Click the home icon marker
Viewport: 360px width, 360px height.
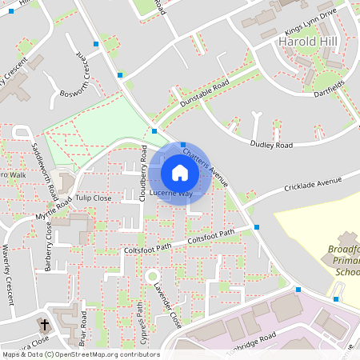pyautogui.click(x=180, y=173)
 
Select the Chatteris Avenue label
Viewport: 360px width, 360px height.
pyautogui.click(x=206, y=165)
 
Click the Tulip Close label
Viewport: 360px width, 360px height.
pyautogui.click(x=94, y=198)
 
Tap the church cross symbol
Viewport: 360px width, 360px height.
pyautogui.click(x=45, y=326)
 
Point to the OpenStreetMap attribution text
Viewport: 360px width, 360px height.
pyautogui.click(x=81, y=354)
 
